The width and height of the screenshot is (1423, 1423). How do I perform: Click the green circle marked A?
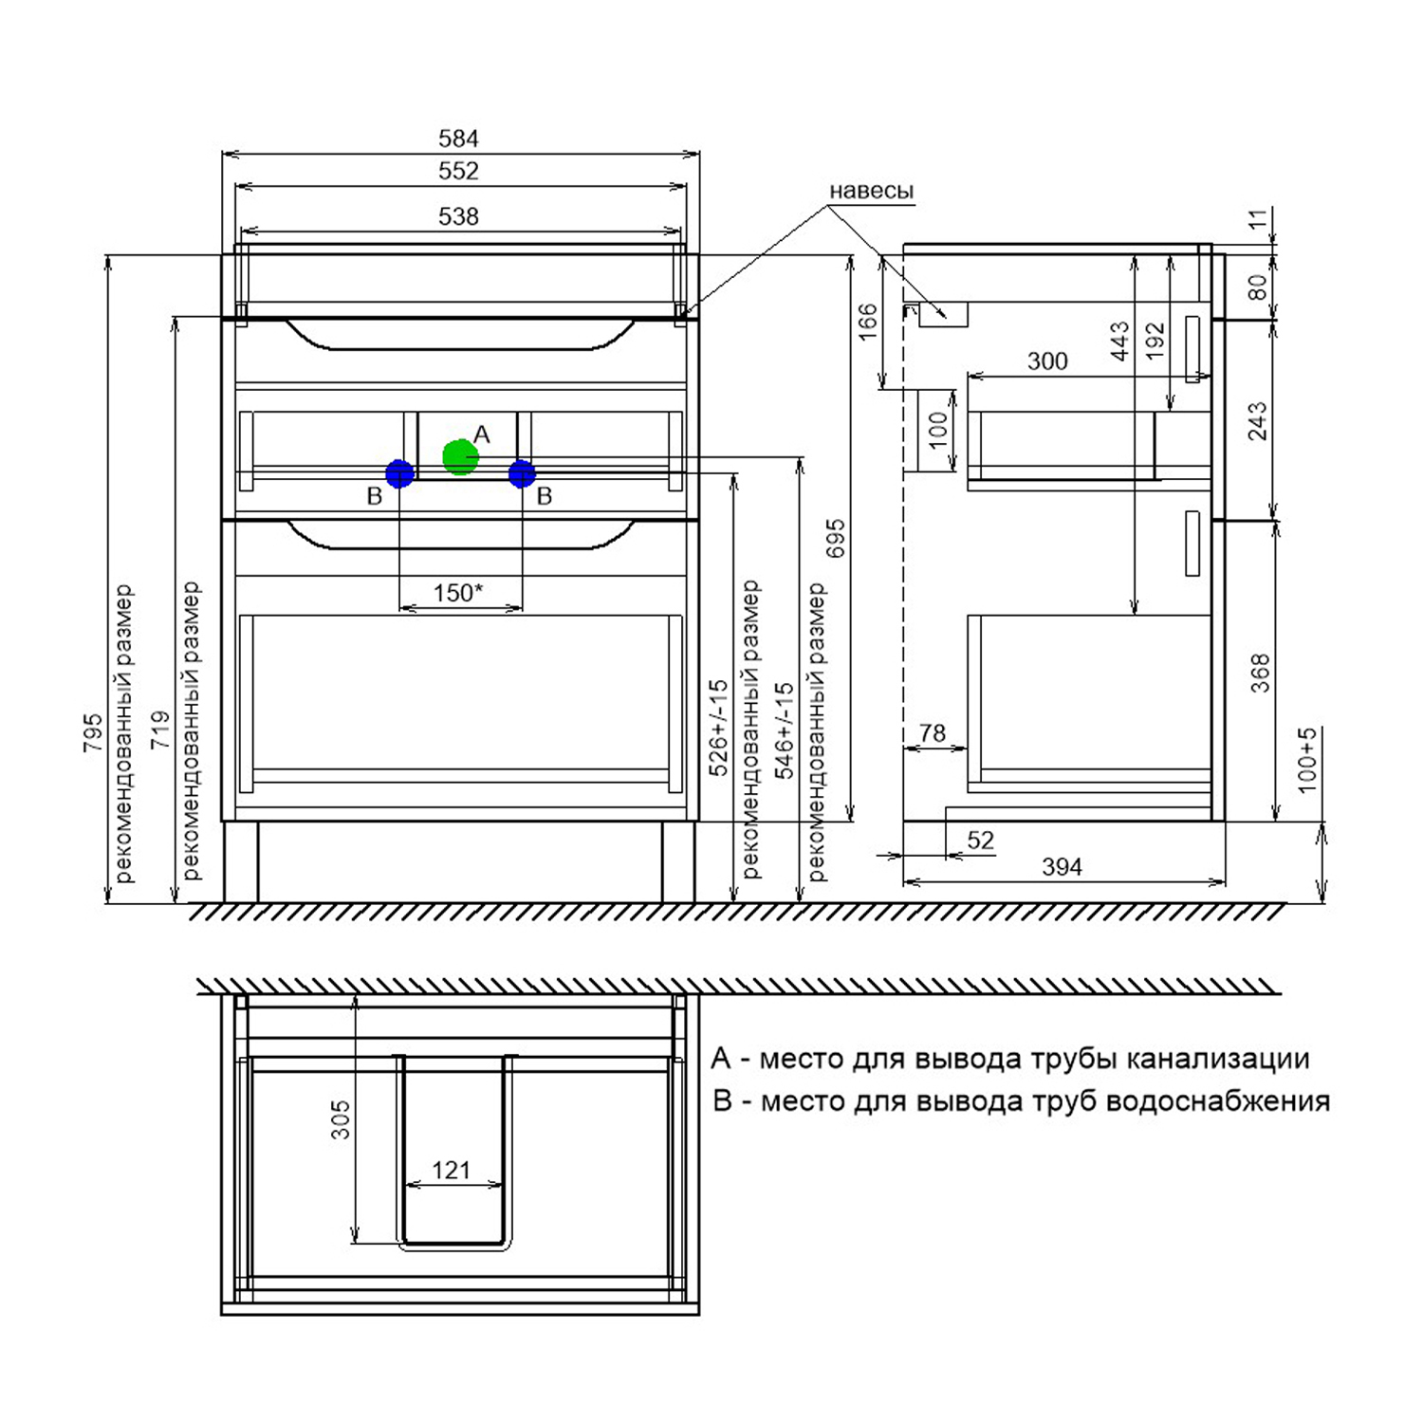[460, 457]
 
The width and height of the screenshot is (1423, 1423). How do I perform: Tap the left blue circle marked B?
[399, 473]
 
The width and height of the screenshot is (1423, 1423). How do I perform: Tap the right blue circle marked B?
[522, 473]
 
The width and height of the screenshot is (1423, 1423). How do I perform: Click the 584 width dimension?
[458, 139]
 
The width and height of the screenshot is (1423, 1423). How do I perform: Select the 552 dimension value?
[458, 171]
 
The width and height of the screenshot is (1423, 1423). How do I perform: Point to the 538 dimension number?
[458, 216]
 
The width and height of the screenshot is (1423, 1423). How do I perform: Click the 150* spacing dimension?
[458, 593]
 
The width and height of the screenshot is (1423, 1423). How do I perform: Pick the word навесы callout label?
[871, 192]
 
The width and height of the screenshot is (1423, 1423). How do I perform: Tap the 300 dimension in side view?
[1047, 361]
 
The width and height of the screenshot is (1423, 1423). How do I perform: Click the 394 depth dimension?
[1062, 867]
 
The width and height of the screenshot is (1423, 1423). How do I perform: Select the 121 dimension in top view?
[452, 1171]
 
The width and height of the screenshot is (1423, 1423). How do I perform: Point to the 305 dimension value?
[341, 1119]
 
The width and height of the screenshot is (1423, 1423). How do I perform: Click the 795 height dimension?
[92, 732]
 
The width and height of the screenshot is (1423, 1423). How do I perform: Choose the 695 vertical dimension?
[835, 538]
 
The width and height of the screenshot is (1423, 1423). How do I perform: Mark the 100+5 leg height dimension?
[1307, 760]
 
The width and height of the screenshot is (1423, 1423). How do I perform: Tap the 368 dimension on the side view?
[1260, 673]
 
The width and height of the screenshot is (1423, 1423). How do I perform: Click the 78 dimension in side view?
[933, 732]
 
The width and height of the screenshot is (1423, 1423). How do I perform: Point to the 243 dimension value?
[1257, 421]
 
